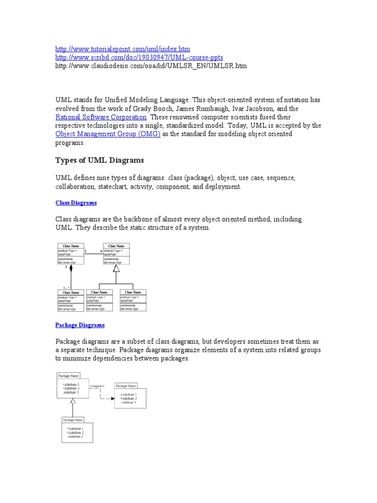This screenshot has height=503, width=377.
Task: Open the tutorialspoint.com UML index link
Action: coord(122,49)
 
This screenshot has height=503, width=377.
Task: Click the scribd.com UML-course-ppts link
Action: coord(139,57)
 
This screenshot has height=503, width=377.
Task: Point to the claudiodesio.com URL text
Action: coord(151,65)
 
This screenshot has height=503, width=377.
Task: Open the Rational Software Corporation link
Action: coord(101,117)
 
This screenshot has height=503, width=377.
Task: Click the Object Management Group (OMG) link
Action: coord(108,134)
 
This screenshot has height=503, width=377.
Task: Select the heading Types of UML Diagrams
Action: coord(100,161)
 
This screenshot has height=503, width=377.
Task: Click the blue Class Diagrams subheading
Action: coord(76,202)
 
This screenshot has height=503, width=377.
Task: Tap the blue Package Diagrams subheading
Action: coord(80,325)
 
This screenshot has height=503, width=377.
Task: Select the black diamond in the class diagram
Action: coord(71,269)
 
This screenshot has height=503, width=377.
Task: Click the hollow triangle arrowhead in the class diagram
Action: coord(116,269)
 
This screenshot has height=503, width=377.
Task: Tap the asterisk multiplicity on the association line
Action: coord(101,251)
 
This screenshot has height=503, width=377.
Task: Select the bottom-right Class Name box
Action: coord(133,300)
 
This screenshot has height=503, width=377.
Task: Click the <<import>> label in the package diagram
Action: coord(97,386)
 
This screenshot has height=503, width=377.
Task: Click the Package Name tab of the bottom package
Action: coord(72,420)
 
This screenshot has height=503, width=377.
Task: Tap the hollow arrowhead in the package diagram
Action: coord(73,401)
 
